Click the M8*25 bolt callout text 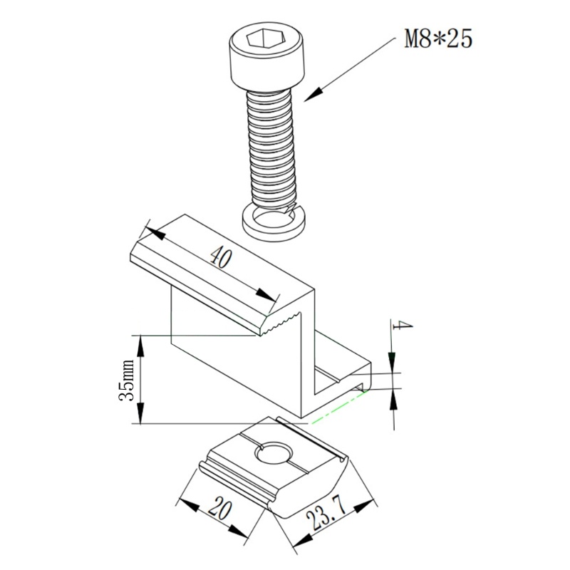438,38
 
